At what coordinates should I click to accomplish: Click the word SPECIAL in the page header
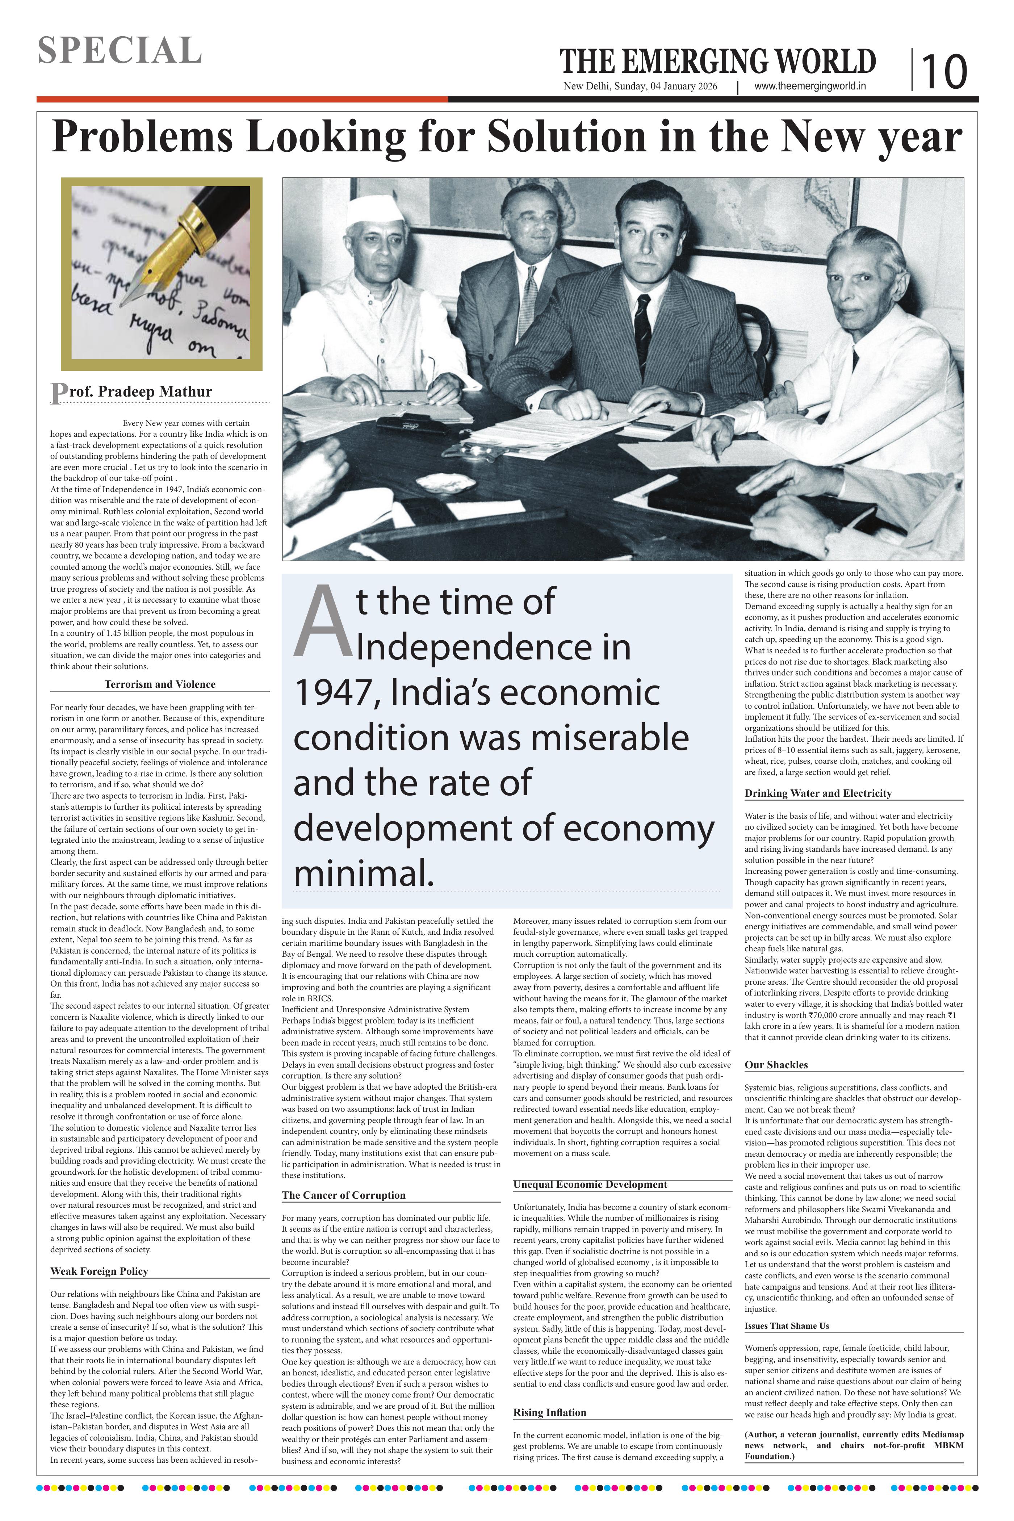coord(120,50)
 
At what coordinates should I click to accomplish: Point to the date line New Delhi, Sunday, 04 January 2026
coord(640,87)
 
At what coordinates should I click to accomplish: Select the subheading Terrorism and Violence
coord(160,684)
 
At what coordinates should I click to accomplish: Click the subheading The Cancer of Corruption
coord(343,1195)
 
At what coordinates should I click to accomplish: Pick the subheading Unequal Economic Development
coord(590,1184)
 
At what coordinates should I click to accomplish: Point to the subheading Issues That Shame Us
coord(786,1326)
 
